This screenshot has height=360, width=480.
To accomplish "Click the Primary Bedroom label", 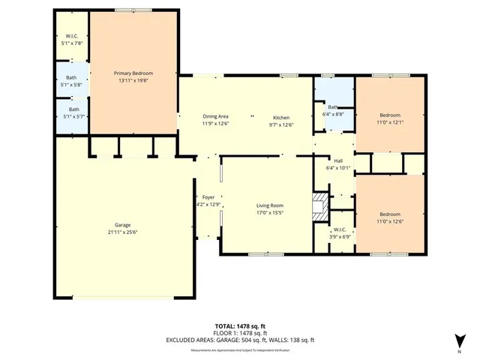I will (x=133, y=73).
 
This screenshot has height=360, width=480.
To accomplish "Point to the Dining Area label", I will (x=215, y=117).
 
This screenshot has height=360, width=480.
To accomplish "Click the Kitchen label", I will (x=281, y=118).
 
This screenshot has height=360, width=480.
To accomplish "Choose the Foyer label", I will (x=208, y=197).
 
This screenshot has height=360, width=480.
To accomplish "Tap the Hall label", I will (x=338, y=160).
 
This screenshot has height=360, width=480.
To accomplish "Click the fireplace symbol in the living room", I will (x=321, y=205).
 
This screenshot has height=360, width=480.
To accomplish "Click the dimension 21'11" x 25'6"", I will (x=123, y=232).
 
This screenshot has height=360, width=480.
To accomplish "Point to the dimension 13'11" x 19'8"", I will (x=133, y=79).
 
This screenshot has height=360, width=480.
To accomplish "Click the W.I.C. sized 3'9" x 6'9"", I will (x=340, y=232).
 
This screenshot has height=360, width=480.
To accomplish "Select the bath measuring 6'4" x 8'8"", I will (x=334, y=110).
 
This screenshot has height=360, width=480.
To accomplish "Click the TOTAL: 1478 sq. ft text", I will (x=240, y=326).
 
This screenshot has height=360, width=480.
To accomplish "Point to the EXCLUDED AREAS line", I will (x=240, y=340).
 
